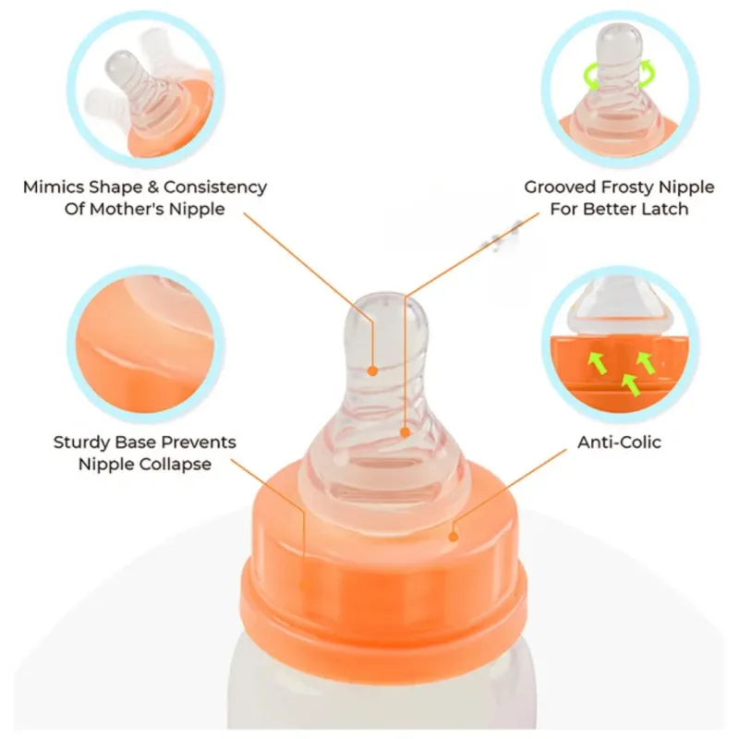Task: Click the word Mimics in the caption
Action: point(54,188)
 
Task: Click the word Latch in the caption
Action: point(665,209)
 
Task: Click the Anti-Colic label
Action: point(619,442)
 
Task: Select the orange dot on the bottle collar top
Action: point(454,537)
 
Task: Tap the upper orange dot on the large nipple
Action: point(372,371)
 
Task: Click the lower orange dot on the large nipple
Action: point(406,432)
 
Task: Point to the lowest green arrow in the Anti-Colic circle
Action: point(631,383)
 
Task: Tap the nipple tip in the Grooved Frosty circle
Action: point(619,30)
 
